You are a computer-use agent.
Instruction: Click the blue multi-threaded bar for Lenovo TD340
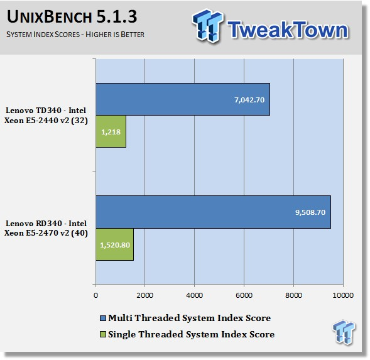click(183, 99)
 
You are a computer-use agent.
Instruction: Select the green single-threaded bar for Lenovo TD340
click(111, 131)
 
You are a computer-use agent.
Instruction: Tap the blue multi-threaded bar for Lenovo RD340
click(214, 212)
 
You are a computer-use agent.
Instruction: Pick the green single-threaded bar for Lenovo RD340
click(115, 244)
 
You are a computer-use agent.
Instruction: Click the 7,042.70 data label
click(249, 100)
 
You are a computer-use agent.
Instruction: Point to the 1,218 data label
click(111, 132)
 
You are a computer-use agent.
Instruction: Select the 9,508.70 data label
click(310, 212)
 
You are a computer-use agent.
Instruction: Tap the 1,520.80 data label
click(115, 245)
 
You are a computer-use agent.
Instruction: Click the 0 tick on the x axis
click(95, 295)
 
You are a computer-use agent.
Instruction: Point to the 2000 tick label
click(145, 295)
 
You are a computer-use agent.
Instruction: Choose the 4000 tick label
click(195, 295)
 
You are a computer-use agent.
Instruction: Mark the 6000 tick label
click(244, 295)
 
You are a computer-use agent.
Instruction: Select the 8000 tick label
click(293, 295)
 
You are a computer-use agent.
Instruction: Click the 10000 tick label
click(343, 295)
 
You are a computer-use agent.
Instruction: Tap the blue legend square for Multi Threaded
click(103, 318)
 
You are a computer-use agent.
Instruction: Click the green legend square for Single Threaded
click(103, 334)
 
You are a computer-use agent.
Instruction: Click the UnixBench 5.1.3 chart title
click(72, 16)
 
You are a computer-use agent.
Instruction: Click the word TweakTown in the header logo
click(288, 30)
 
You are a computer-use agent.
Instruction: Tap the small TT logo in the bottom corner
click(344, 332)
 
